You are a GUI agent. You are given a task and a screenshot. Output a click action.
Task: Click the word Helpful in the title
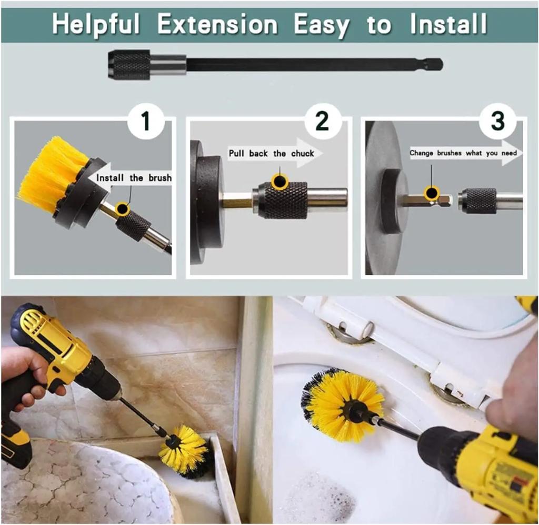click(96, 25)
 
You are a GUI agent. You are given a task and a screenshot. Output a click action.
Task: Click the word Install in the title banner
click(448, 25)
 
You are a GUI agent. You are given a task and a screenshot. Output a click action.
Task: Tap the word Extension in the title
click(217, 25)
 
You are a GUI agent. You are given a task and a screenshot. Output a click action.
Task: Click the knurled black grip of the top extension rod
click(129, 65)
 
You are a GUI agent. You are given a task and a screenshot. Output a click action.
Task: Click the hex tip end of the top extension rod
click(435, 65)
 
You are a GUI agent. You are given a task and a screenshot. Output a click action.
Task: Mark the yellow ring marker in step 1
click(123, 209)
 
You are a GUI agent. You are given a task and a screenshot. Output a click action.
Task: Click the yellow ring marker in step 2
click(279, 181)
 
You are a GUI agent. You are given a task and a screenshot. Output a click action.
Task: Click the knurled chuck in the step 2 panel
click(285, 200)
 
